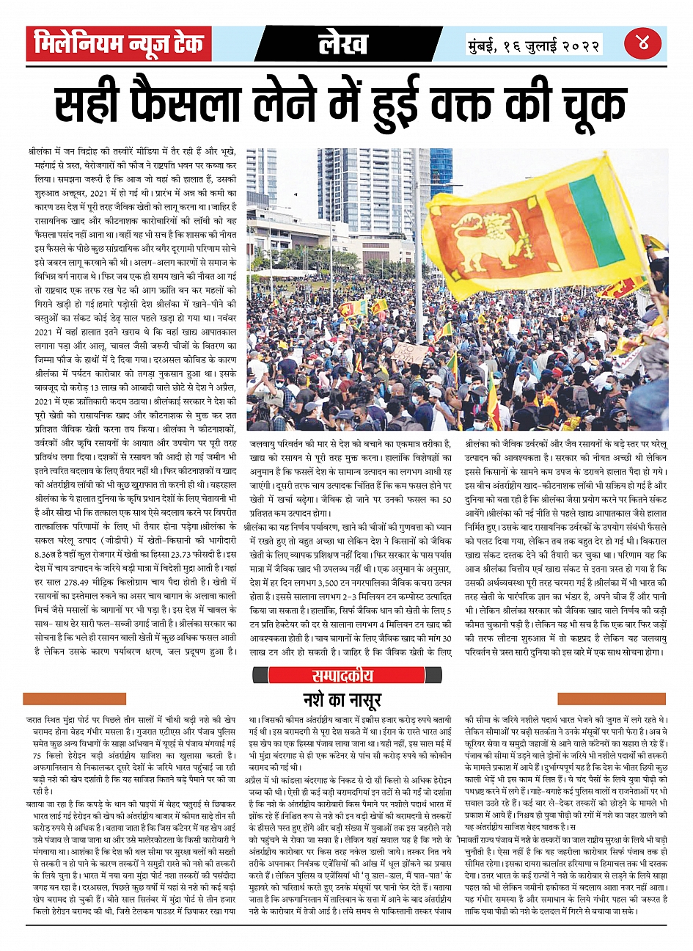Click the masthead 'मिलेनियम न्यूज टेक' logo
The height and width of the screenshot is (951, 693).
(119, 44)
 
